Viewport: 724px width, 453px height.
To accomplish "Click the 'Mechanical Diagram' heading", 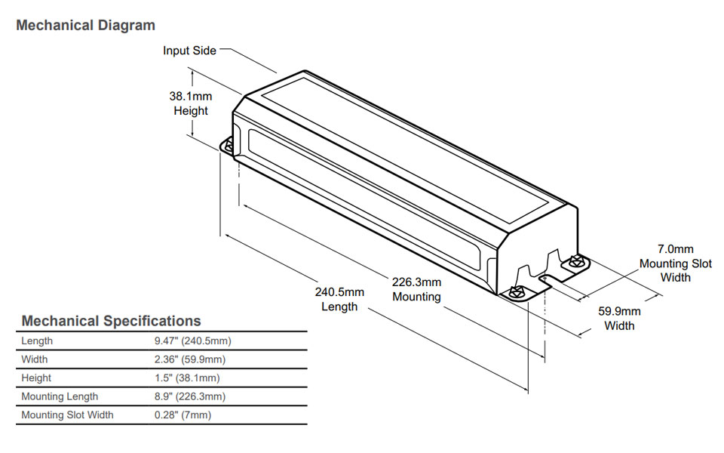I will [x=85, y=26].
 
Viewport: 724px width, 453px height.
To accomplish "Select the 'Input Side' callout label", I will [x=189, y=51].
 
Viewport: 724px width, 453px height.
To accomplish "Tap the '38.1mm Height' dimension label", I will [x=191, y=103].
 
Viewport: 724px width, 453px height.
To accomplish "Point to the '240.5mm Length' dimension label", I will [x=339, y=299].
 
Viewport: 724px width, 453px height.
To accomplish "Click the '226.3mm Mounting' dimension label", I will [x=416, y=289].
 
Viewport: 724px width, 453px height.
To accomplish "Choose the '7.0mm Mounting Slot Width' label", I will [x=675, y=263].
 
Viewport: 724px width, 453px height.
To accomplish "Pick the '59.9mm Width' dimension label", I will [x=619, y=318].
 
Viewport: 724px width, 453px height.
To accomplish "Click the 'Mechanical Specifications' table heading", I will [x=111, y=321].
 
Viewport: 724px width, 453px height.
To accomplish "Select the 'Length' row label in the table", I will [x=37, y=341].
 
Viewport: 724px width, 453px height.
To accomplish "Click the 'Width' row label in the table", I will [x=35, y=359].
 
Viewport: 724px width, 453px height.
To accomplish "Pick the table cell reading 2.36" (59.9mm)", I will [x=189, y=359].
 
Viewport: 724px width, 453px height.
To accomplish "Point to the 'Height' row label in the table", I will [x=36, y=378].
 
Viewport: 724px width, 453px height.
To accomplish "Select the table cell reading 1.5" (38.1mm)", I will [x=186, y=378].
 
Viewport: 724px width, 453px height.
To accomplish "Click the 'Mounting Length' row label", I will [x=60, y=396].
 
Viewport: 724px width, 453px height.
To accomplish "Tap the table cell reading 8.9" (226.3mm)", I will [x=189, y=396].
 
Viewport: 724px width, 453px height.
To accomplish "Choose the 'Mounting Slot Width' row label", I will [x=67, y=415].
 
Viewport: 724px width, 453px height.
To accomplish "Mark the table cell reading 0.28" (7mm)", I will [x=183, y=415].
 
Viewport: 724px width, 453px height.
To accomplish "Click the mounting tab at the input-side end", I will [x=229, y=146].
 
